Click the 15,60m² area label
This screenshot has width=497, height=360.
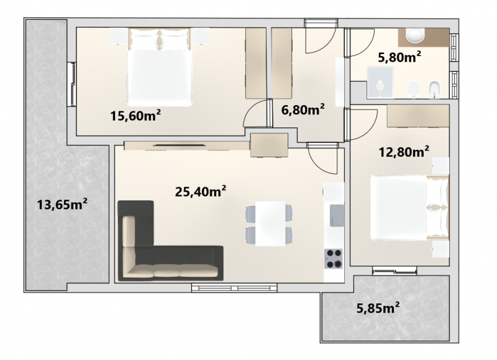135,116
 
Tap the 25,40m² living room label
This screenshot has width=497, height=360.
201,192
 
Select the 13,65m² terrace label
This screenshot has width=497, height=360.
62,205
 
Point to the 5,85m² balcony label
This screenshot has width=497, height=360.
378,308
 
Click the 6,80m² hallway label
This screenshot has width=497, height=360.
303,110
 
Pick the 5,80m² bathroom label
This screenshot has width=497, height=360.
399,57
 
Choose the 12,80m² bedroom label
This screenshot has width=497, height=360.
404,152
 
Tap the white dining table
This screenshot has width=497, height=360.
270,224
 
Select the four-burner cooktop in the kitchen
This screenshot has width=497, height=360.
334,259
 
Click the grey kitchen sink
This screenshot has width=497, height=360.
337,215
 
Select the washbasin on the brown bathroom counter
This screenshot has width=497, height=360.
415,35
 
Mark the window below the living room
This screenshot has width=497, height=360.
234,288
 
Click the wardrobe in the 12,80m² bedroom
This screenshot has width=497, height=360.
418,116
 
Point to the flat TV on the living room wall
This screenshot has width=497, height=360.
179,145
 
